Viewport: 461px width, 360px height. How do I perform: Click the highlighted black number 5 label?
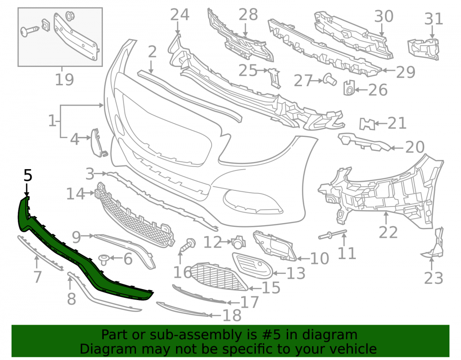click(28, 176)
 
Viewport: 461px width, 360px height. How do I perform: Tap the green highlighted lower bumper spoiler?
click(73, 256)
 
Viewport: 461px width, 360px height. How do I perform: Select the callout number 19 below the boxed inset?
click(65, 79)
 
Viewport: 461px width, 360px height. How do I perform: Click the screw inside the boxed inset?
click(30, 30)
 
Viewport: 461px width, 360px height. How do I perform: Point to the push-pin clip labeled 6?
click(104, 260)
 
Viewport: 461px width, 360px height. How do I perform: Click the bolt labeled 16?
click(187, 245)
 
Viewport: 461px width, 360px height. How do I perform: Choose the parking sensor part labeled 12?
click(239, 242)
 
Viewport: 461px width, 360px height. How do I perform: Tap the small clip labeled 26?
click(349, 88)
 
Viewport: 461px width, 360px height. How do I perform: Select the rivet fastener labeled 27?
click(330, 79)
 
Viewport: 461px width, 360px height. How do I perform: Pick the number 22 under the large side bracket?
click(388, 232)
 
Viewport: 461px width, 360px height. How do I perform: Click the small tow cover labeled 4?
click(98, 143)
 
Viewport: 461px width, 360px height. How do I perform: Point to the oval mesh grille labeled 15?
click(219, 277)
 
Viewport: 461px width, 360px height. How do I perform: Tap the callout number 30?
click(384, 17)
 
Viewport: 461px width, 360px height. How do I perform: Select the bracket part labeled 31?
click(423, 49)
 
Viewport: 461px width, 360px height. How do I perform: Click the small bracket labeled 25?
click(275, 78)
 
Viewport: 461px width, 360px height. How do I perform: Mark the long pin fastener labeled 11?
click(332, 234)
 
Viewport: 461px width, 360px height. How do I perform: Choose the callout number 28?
click(248, 15)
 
